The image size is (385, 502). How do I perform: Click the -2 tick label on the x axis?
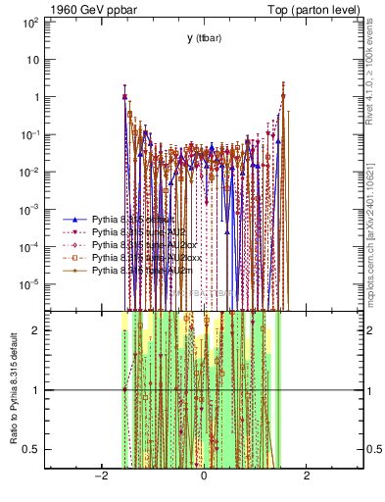point(99,476)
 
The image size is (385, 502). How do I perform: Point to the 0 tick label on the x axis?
point(204,476)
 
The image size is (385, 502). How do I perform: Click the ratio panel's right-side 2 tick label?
point(371,330)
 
